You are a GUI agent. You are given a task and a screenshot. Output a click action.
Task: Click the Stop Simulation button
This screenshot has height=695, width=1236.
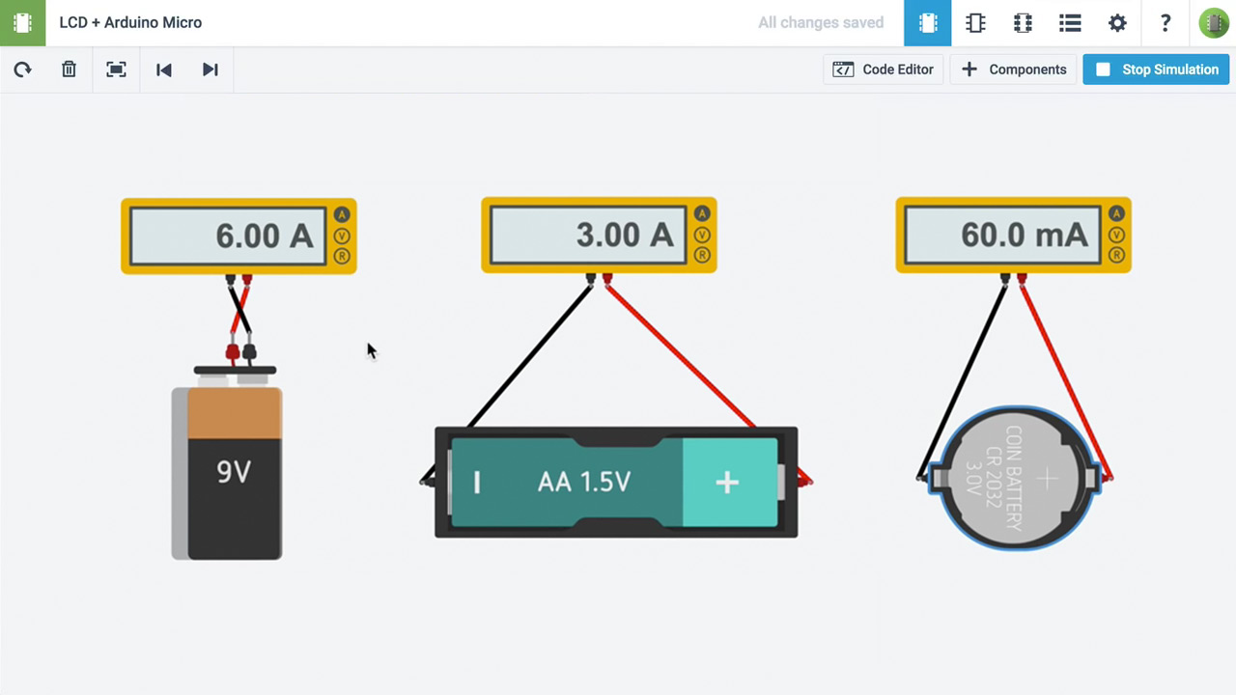pos(1156,69)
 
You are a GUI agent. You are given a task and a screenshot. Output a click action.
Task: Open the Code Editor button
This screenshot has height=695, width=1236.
pos(884,69)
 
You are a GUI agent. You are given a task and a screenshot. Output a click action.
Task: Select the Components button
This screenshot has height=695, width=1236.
pos(1014,69)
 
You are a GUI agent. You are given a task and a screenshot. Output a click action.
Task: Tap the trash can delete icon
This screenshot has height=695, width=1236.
pos(69,69)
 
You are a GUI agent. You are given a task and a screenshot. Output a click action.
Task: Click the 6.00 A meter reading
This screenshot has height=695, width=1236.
pos(264,236)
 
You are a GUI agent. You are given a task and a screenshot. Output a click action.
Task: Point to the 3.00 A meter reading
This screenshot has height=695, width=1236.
pos(624,235)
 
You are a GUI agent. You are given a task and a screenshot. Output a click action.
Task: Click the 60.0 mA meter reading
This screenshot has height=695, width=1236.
pos(1024,235)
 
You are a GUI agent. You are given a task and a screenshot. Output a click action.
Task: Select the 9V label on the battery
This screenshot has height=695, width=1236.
pos(234,471)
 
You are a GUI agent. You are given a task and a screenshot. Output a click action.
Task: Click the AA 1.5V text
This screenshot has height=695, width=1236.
pos(583,482)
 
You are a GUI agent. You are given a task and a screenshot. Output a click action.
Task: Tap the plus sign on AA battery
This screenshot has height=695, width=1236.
pos(727,483)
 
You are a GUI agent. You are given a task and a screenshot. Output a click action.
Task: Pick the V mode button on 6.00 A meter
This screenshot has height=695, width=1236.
pos(342,236)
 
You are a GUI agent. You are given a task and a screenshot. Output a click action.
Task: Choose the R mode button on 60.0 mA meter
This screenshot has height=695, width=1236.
pos(1117,256)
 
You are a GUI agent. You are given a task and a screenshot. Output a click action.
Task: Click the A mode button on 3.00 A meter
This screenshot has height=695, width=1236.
pos(702,213)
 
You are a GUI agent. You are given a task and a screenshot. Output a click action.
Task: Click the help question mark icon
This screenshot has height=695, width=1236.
pos(1166,23)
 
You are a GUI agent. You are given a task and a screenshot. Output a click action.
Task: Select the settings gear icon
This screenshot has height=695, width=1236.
pos(1117,23)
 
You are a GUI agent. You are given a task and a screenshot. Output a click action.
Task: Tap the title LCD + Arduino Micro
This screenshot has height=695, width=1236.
pos(130,22)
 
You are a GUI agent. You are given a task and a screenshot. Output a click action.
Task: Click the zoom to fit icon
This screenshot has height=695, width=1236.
pos(116,69)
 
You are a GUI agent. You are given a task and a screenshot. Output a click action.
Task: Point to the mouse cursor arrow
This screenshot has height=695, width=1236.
pos(371,349)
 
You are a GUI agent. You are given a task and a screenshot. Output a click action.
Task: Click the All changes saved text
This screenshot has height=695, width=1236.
pos(820,22)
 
